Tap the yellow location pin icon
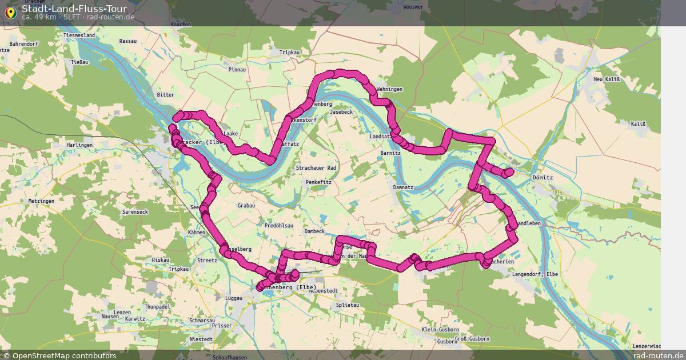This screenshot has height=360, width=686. coord(10,13)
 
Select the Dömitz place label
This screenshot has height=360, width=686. coord(543,178)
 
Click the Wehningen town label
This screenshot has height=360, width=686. coord(389,89)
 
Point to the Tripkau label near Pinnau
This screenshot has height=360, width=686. coord(290,52)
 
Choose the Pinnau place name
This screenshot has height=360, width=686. coord(237,69)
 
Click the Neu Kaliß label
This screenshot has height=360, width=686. coord(607,79)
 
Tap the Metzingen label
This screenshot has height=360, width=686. coord(41,201)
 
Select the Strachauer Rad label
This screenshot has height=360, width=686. coord(316,168)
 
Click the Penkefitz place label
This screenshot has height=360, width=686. coord(318,182)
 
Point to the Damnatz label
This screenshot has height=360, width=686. coord(403,187)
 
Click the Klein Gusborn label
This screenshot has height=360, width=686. coord(440,330)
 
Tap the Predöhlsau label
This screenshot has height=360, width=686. coord(279,226)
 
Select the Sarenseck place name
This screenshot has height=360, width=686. coord(135,212)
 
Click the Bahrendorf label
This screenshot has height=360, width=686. coord(24,43)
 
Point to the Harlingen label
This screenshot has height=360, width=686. coord(79,145)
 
